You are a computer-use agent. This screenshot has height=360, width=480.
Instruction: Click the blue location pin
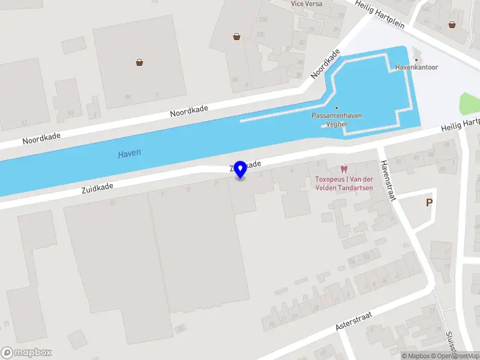tap(241, 169)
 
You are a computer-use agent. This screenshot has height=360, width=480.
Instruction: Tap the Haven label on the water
tap(129, 154)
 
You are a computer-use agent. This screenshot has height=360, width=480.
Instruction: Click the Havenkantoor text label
tap(416, 67)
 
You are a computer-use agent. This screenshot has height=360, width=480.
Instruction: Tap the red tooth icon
tap(344, 170)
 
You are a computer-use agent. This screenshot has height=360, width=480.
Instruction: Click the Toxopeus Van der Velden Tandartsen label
tap(344, 184)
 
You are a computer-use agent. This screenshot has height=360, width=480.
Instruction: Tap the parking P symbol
tap(429, 203)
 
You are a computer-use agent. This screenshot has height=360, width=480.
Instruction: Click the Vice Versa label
tap(306, 4)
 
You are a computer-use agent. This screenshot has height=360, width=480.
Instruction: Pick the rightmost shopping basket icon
tap(451, 25)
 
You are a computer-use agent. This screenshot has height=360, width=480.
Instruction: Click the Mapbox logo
tap(26, 353)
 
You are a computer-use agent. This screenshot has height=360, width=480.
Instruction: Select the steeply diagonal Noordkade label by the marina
tap(325, 64)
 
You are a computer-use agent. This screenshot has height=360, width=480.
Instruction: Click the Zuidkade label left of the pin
tap(97, 188)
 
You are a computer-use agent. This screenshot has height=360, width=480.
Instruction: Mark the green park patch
tap(469, 103)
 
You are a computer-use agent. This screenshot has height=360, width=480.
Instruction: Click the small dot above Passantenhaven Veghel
tap(337, 108)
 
